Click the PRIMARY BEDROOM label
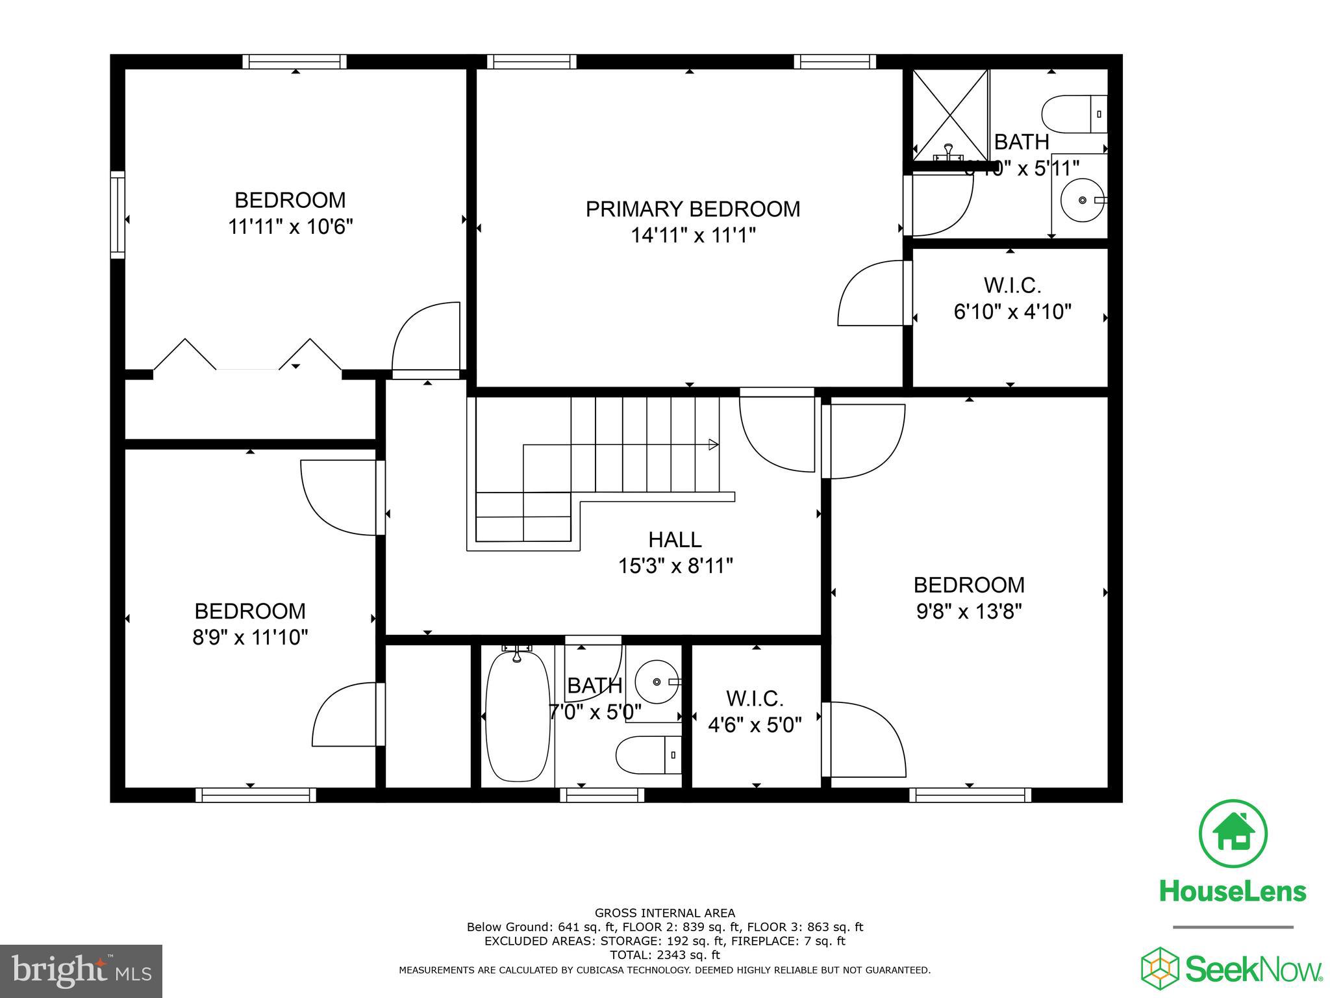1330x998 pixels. [x=693, y=209]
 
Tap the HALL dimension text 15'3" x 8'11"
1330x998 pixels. [x=675, y=567]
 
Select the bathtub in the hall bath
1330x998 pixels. [x=517, y=716]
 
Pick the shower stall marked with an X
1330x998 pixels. [x=949, y=114]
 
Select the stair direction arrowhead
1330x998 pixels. [x=713, y=445]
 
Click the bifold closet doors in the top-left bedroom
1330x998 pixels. [x=247, y=356]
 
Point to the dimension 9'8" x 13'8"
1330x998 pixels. [x=969, y=612]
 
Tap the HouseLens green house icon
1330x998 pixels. [x=1233, y=834]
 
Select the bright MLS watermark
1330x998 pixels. [x=81, y=971]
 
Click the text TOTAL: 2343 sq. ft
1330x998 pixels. [x=664, y=955]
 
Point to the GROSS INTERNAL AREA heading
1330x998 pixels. [x=664, y=913]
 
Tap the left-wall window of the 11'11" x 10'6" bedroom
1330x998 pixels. [x=118, y=214]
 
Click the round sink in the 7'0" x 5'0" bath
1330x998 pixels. [x=657, y=682]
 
